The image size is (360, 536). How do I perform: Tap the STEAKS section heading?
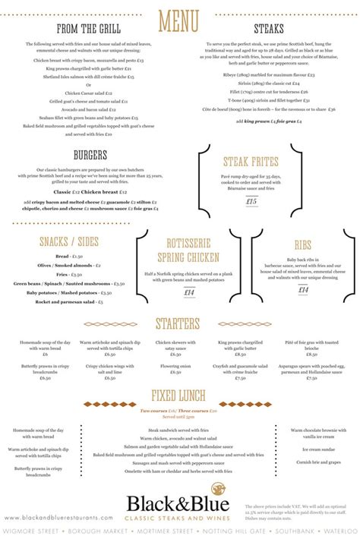pyautogui.click(x=269, y=29)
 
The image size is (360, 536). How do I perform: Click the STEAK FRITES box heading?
pyautogui.click(x=251, y=161)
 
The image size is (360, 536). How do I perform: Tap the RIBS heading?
pyautogui.click(x=302, y=246)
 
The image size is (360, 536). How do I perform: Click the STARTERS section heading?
pyautogui.click(x=180, y=324)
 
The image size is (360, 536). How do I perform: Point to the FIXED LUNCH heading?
pyautogui.click(x=180, y=396)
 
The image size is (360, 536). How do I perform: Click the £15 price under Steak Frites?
pyautogui.click(x=251, y=201)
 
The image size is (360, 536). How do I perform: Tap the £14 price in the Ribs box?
pyautogui.click(x=302, y=289)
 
